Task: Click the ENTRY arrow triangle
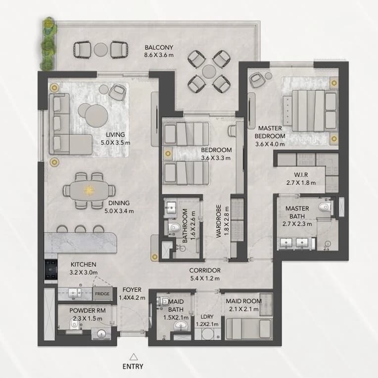[x=134, y=357]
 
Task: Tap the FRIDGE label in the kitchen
[x=102, y=294]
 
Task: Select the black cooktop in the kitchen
[x=51, y=270]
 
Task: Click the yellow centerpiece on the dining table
[x=89, y=190]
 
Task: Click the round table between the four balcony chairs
[x=209, y=72]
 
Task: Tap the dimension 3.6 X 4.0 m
[x=270, y=144]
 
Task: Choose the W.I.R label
[x=301, y=175]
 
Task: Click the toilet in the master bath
[x=325, y=207]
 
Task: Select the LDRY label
[x=207, y=317]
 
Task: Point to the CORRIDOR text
[x=205, y=270]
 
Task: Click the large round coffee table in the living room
[x=96, y=116]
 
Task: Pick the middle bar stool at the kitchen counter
[x=80, y=229]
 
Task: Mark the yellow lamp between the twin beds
[x=168, y=153]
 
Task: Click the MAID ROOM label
[x=243, y=301]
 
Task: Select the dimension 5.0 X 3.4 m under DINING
[x=119, y=211]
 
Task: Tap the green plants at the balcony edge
[x=49, y=44]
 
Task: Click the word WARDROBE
[x=219, y=221]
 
